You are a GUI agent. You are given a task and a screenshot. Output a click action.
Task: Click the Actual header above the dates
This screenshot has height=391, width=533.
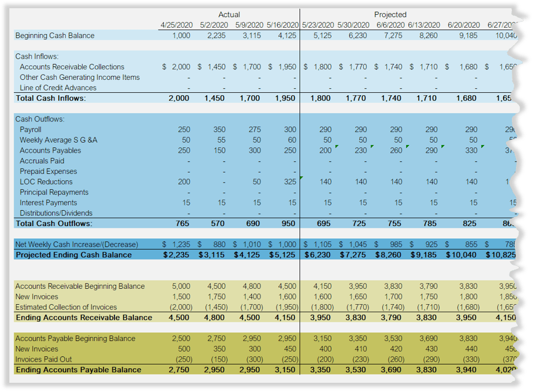(x=228, y=14)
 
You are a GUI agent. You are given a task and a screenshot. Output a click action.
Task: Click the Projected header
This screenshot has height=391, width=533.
(x=390, y=14)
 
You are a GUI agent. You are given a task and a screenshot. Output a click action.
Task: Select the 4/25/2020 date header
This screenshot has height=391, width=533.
(x=177, y=25)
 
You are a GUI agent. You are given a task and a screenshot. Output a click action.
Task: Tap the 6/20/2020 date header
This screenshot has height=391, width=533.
(x=463, y=25)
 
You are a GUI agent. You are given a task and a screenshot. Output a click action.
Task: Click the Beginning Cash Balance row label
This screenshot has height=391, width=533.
(x=55, y=35)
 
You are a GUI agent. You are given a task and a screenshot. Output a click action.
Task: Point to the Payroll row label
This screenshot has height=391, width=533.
(x=31, y=129)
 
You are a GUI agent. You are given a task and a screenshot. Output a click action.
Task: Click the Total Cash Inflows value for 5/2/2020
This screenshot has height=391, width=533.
(x=215, y=98)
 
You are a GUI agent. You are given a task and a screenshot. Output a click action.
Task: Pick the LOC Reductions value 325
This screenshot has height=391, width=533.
(x=290, y=182)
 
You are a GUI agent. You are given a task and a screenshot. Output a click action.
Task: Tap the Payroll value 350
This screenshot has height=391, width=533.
(x=219, y=129)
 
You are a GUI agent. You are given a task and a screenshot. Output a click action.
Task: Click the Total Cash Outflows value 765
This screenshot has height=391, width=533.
(x=183, y=224)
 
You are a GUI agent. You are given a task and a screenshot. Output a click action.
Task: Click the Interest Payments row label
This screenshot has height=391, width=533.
(x=49, y=203)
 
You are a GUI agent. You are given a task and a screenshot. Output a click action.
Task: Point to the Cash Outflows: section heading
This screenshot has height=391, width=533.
(x=41, y=119)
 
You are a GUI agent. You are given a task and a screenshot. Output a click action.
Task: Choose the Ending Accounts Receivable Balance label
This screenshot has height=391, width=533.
(x=84, y=318)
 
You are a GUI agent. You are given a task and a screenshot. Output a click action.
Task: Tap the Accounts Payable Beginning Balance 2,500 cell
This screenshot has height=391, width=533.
(x=181, y=338)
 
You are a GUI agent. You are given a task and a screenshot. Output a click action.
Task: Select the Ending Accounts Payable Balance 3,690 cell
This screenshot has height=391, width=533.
(x=390, y=370)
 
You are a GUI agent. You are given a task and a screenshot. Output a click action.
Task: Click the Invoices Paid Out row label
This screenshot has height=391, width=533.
(x=43, y=359)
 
